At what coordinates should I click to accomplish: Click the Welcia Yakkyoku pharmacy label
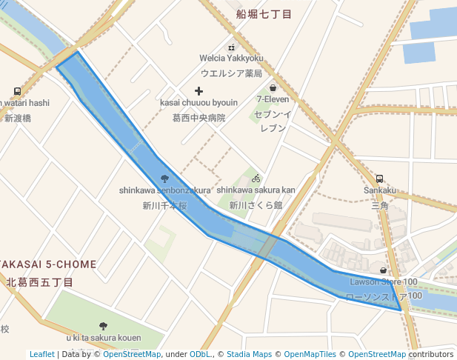pyautogui.click(x=231, y=58)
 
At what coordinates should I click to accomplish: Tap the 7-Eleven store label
pyautogui.click(x=273, y=99)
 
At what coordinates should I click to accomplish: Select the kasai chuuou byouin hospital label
pyautogui.click(x=199, y=103)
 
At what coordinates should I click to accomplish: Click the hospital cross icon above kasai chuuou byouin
pyautogui.click(x=199, y=90)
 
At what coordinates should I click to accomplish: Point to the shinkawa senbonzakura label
pyautogui.click(x=164, y=190)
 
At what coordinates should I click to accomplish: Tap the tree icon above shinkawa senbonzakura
pyautogui.click(x=164, y=178)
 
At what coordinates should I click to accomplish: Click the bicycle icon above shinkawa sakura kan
pyautogui.click(x=256, y=178)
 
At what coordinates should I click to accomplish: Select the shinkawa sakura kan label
pyautogui.click(x=256, y=190)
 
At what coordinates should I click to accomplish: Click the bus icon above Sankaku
pyautogui.click(x=379, y=178)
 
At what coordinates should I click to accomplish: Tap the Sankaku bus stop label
pyautogui.click(x=379, y=190)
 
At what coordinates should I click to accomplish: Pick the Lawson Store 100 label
pyautogui.click(x=383, y=281)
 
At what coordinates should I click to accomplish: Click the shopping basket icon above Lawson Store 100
pyautogui.click(x=383, y=270)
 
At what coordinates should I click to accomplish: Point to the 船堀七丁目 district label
pyautogui.click(x=264, y=15)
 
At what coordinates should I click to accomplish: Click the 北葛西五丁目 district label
pyautogui.click(x=41, y=282)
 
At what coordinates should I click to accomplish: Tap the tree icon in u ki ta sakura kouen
pyautogui.click(x=103, y=326)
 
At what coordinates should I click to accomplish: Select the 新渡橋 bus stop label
pyautogui.click(x=17, y=118)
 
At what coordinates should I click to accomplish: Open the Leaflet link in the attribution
pyautogui.click(x=41, y=355)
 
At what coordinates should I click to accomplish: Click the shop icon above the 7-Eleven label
pyautogui.click(x=273, y=87)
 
